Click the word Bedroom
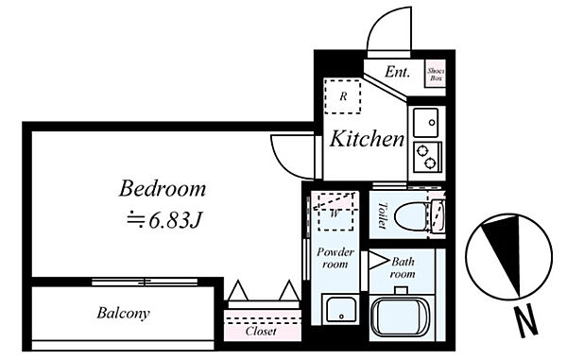[163, 189]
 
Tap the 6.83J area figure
[174, 220]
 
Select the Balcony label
[123, 313]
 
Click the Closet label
[261, 331]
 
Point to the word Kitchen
[367, 139]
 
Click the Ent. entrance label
[398, 72]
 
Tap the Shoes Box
[436, 75]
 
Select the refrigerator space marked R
[342, 96]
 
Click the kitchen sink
[425, 123]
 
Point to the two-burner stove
[427, 157]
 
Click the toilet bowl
[412, 217]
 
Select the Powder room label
[335, 258]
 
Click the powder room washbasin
[340, 310]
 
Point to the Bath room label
[403, 267]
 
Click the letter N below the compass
[526, 320]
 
